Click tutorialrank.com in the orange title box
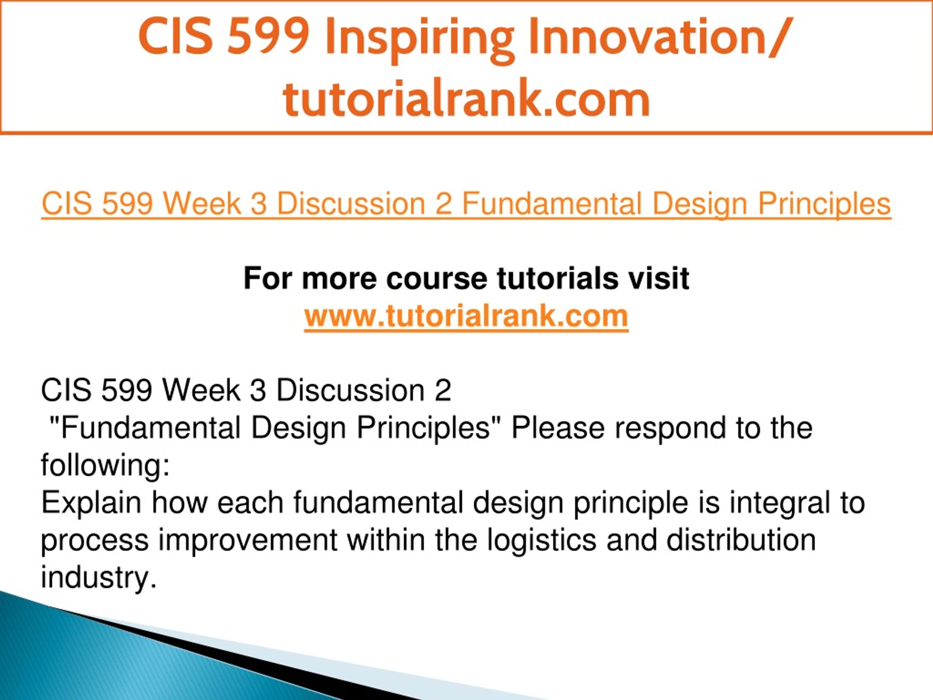point(466,99)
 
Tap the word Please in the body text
point(558,428)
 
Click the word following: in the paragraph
point(105,465)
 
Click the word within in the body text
point(386,540)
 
